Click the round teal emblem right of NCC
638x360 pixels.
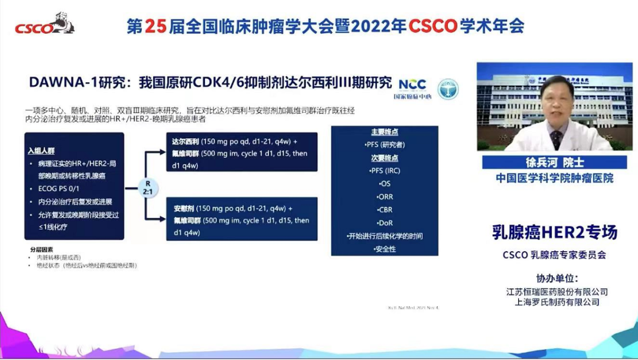447,89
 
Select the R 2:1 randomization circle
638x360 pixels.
148,186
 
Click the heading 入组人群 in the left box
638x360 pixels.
41,151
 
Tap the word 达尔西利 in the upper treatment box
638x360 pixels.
185,142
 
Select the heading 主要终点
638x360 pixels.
385,132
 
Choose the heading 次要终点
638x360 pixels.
385,158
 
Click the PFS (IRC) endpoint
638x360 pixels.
385,171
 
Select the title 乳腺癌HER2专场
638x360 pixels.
555,232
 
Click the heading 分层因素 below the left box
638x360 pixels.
41,249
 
